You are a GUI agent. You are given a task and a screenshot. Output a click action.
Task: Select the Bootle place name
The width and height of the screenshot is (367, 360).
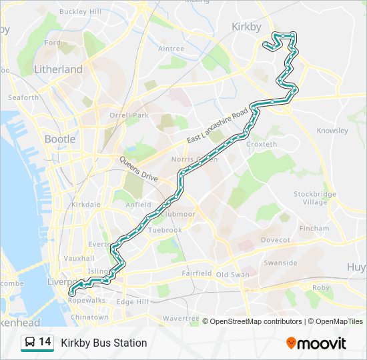pos(60,139)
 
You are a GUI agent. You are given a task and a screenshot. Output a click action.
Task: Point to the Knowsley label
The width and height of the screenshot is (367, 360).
pos(332,131)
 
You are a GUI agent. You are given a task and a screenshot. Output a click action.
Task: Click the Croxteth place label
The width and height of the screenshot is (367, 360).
pos(262,144)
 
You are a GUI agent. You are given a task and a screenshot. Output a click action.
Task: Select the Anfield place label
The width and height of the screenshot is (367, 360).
pos(139,205)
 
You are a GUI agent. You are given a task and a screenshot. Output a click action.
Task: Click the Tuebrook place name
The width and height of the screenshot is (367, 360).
pos(165,230)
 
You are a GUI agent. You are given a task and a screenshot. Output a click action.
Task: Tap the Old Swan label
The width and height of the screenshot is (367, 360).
pos(232,275)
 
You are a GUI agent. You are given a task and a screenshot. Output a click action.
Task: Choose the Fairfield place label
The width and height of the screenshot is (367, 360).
pos(197,273)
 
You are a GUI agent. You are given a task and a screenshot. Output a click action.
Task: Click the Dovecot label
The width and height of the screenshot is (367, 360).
pos(275,239)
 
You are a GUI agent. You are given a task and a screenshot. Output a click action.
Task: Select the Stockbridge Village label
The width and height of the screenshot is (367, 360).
pos(315,198)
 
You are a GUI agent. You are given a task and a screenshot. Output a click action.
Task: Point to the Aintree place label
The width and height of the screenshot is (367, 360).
pos(171,49)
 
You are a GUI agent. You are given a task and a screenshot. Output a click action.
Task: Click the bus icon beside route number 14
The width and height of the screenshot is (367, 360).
pos(29,343)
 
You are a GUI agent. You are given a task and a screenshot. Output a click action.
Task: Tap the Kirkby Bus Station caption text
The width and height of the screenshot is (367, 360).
pos(104,343)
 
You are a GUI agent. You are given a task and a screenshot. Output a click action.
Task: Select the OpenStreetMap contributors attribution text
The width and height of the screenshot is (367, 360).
pos(256,321)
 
